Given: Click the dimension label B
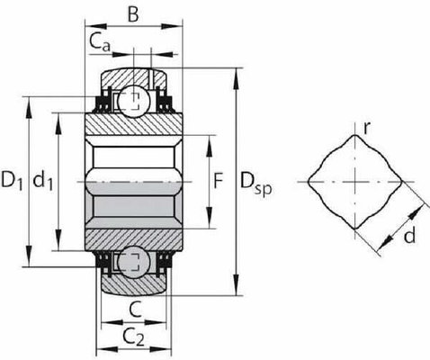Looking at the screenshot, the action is point(133,13).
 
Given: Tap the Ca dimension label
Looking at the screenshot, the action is point(100,42).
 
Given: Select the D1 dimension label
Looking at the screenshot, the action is point(12,180).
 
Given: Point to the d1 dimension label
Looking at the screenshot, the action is point(42,180).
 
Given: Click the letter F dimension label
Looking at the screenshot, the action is point(219,181).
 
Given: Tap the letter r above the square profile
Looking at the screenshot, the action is point(366,128).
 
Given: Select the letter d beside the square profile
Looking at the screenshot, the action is point(409,235).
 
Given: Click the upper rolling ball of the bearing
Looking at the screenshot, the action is point(134,102).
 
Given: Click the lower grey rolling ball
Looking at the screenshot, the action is point(134,261).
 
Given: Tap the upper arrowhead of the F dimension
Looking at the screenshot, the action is point(210,146).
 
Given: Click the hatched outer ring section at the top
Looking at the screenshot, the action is point(133,77).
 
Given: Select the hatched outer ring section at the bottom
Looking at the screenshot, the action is point(133,285).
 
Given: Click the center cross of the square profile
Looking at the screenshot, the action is point(355,182).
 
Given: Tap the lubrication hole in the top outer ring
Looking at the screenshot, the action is point(151,78).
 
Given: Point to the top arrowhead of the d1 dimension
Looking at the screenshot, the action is point(58,123).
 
